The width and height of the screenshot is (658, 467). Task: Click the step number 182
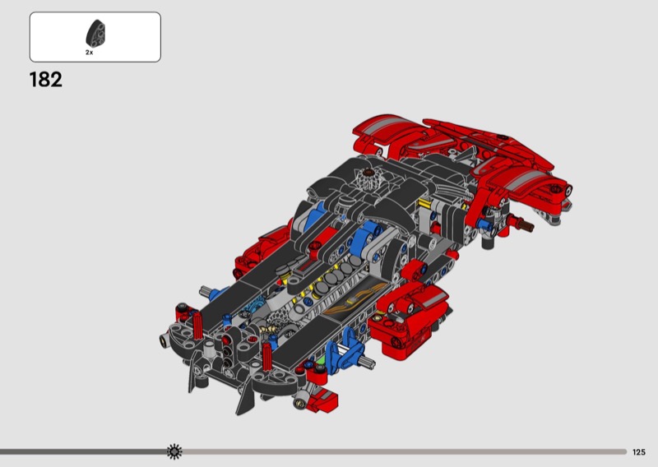46,79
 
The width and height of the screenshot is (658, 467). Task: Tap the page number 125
639,452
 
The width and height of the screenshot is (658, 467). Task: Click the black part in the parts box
95,34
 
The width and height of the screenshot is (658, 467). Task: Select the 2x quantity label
90,53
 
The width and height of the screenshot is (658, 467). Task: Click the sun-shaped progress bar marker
174,451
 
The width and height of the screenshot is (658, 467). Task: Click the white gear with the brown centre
368,178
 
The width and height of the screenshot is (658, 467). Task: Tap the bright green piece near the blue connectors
321,360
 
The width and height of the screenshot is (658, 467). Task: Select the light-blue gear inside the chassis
256,307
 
